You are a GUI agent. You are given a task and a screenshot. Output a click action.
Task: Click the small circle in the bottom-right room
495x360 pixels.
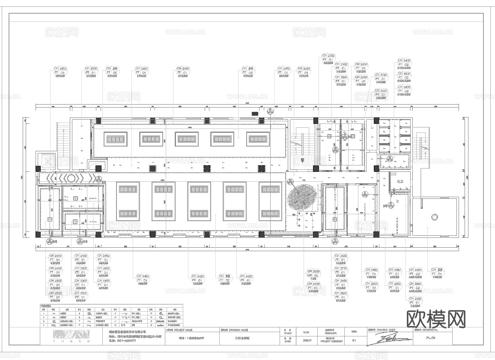tap(435, 217)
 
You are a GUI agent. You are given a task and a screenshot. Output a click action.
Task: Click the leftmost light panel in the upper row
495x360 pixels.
tap(116, 139)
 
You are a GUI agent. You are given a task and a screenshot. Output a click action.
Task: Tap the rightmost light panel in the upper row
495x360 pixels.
tap(257, 139)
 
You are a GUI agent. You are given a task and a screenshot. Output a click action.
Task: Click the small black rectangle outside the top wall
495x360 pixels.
tap(255, 113)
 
